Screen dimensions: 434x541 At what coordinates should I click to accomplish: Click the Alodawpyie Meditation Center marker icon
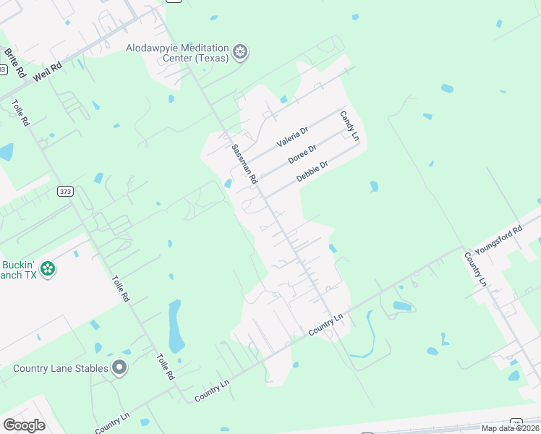click(x=240, y=52)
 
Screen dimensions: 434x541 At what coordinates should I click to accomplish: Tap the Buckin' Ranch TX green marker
click(x=48, y=269)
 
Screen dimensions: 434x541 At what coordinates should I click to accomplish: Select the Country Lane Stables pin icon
click(x=119, y=368)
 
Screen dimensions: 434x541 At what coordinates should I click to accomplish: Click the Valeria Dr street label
click(x=293, y=137)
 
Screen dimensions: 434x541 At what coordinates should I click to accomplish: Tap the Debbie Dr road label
click(x=312, y=171)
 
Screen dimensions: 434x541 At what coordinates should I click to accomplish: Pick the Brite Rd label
click(x=15, y=63)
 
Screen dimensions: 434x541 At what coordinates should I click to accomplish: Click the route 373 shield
click(x=66, y=191)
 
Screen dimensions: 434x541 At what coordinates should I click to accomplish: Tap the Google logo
click(x=24, y=425)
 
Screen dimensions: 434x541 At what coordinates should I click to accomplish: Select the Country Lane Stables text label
click(x=61, y=368)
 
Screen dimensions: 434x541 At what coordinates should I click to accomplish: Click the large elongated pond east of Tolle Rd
click(x=176, y=327)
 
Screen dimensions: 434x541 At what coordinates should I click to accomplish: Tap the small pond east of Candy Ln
click(x=374, y=187)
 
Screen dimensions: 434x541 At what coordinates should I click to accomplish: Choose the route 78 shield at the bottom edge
click(x=516, y=423)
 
